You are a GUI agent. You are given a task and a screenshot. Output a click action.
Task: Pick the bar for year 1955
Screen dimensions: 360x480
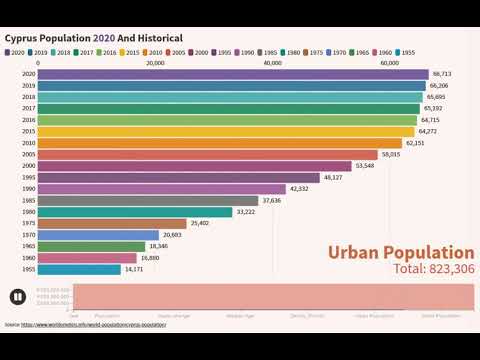[x=80, y=269]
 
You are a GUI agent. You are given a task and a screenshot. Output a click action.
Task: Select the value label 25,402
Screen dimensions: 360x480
[x=200, y=223]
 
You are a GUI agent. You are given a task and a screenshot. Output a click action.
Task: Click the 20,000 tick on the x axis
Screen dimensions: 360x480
[x=155, y=62]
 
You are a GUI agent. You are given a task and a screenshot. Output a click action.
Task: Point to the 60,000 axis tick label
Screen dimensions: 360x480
[x=389, y=62]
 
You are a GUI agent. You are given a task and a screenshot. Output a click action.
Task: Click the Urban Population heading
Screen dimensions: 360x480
[x=401, y=252]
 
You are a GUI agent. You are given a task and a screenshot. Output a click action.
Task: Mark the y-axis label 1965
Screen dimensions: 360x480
[x=29, y=246]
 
